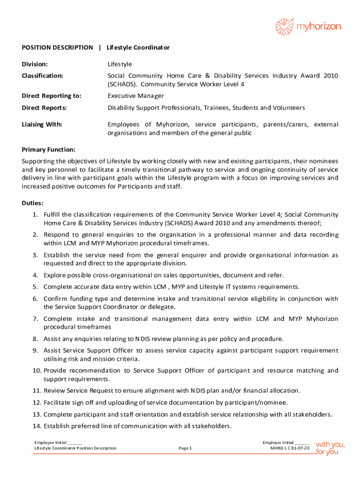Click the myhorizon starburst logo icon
tap(284, 27)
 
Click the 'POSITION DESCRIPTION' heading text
tap(58, 48)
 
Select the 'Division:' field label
tap(35, 64)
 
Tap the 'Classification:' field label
tap(43, 76)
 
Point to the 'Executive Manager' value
tap(136, 96)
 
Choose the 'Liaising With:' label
tap(42, 124)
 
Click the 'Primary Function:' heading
tap(49, 150)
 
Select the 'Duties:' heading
tap(33, 203)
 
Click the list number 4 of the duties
tap(35, 275)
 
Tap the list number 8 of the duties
tap(35, 339)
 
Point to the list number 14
tap(37, 426)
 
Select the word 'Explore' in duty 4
tap(55, 275)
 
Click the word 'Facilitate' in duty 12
tap(58, 402)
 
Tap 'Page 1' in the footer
tap(186, 448)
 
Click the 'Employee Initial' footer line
tap(58, 442)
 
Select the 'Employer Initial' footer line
tap(286, 442)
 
